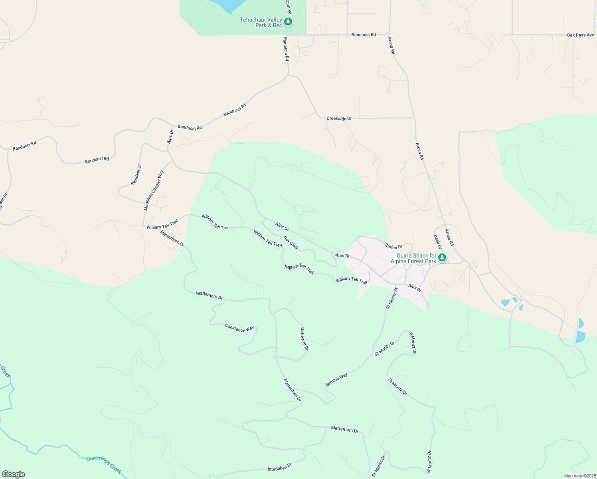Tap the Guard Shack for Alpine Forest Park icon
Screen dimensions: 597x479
pyautogui.click(x=442, y=258)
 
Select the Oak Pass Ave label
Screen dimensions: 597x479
pyautogui.click(x=580, y=35)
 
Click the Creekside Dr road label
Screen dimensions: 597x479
pyautogui.click(x=339, y=119)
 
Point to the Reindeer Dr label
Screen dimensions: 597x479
pyautogui.click(x=136, y=175)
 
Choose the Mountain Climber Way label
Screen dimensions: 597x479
pyautogui.click(x=154, y=191)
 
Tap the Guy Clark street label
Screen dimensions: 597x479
pyautogui.click(x=291, y=243)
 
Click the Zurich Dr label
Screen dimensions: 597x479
pyautogui.click(x=393, y=247)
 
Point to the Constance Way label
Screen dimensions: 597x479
pyautogui.click(x=239, y=328)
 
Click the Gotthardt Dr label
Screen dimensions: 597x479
pyautogui.click(x=304, y=339)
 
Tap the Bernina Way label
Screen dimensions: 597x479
pyautogui.click(x=336, y=380)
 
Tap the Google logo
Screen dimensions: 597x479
pyautogui.click(x=13, y=474)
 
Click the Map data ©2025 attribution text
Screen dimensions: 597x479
pyautogui.click(x=579, y=476)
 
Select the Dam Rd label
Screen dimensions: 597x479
pyautogui.click(x=288, y=7)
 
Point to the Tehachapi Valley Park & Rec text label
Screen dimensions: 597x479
pyautogui.click(x=261, y=22)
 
